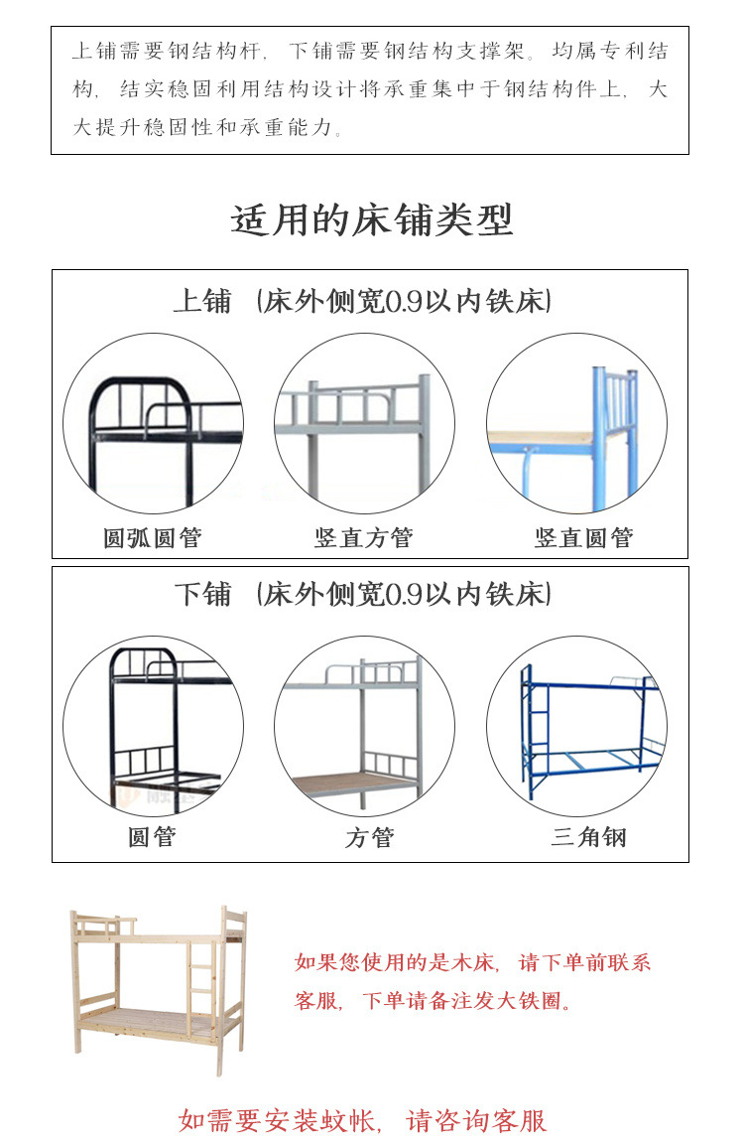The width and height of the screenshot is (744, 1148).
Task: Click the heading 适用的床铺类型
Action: (372, 219)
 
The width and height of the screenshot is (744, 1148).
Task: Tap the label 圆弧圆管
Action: (152, 538)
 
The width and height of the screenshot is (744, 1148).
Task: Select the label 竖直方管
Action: (363, 538)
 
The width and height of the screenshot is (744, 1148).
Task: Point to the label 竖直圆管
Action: (583, 538)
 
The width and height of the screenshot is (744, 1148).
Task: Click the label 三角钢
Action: (588, 837)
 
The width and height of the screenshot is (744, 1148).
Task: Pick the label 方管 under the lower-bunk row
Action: (369, 838)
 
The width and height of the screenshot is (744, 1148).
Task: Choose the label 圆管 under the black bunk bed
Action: (152, 837)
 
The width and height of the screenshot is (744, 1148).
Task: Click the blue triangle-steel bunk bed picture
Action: (576, 726)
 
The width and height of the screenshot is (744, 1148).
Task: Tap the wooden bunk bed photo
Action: (159, 988)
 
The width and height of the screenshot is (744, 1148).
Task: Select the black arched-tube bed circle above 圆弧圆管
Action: (153, 423)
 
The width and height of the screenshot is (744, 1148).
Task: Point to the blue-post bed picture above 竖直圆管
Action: (576, 423)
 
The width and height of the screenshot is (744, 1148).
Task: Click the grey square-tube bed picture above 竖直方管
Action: (364, 423)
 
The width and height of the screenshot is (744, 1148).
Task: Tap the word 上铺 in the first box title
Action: (202, 301)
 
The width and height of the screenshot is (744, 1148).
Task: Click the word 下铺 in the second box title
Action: (202, 595)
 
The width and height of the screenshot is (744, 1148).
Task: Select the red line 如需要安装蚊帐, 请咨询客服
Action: (363, 1121)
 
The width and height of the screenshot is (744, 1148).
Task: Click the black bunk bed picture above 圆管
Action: (153, 726)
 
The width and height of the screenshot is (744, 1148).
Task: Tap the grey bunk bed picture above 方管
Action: (364, 726)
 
